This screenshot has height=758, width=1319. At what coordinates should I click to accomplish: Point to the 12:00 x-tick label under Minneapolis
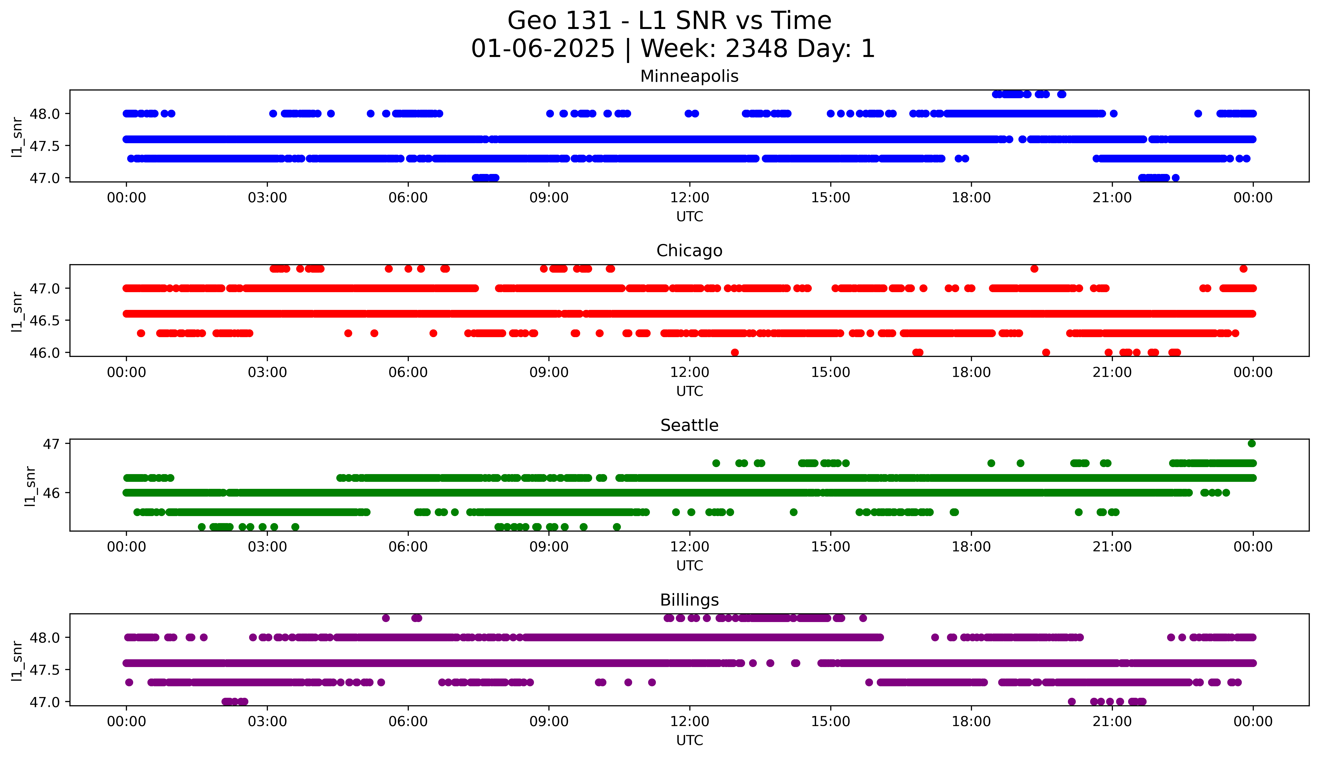[x=689, y=198]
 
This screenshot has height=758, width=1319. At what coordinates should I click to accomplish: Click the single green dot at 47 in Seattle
[x=1252, y=444]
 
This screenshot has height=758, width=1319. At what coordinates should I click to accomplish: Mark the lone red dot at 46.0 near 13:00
[x=735, y=352]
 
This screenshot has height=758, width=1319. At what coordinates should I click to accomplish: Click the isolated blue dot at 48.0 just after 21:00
[x=1113, y=113]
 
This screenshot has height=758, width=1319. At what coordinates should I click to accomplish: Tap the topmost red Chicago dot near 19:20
[x=1034, y=269]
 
